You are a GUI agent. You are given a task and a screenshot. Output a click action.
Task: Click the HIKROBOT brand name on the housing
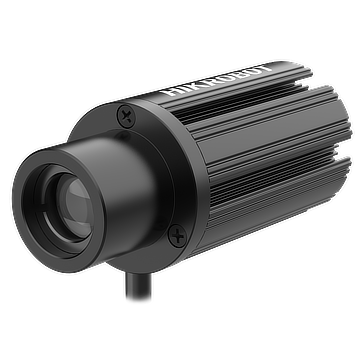point(219,80)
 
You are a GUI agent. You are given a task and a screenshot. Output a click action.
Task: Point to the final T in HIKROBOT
point(266,68)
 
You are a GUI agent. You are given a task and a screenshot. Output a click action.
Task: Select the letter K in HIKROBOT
point(193,86)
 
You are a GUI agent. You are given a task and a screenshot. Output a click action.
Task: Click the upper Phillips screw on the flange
point(126,116)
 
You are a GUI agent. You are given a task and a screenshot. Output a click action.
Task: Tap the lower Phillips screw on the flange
point(178,236)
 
